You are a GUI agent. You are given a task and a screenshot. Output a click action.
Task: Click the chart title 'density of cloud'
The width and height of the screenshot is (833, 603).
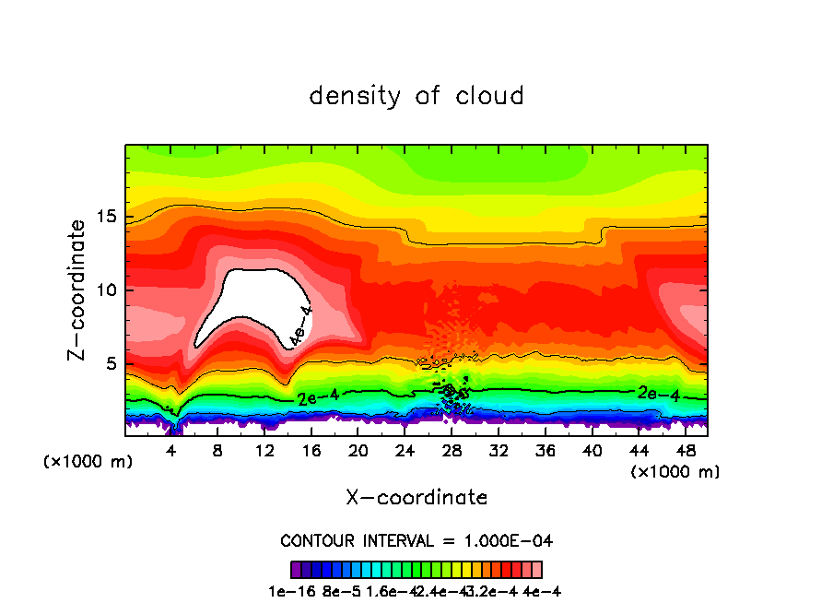[x=416, y=96]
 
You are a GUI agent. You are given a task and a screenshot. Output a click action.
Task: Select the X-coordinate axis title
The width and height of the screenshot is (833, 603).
[x=416, y=498]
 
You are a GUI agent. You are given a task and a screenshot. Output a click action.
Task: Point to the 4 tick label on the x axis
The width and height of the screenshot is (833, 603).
[x=171, y=451]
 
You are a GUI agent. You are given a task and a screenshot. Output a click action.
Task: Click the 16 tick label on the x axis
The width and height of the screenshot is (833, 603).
[x=312, y=451]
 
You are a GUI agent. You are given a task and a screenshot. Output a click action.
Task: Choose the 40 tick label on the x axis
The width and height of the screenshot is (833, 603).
[x=592, y=451]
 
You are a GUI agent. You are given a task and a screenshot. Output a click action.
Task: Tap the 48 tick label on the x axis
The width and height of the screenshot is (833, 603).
[x=685, y=451]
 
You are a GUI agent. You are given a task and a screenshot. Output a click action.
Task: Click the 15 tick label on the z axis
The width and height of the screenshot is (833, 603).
[x=107, y=217]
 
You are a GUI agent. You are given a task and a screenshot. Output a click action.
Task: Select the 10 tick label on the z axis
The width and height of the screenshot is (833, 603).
[x=107, y=290]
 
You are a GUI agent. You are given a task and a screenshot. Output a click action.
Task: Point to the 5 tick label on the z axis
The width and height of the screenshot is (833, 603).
[x=112, y=364]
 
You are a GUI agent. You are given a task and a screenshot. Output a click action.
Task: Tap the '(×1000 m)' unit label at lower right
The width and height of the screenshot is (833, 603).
[x=675, y=472]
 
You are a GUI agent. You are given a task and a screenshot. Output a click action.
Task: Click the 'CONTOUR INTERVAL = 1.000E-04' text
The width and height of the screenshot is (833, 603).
[x=416, y=540]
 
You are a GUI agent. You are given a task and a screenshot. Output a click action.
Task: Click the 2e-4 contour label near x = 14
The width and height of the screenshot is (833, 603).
[x=318, y=398]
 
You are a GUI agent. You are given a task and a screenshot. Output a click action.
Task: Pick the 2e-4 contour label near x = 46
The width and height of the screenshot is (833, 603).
[x=659, y=393]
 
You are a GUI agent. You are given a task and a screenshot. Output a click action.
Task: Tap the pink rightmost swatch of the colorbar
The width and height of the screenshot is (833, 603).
[x=536, y=569]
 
